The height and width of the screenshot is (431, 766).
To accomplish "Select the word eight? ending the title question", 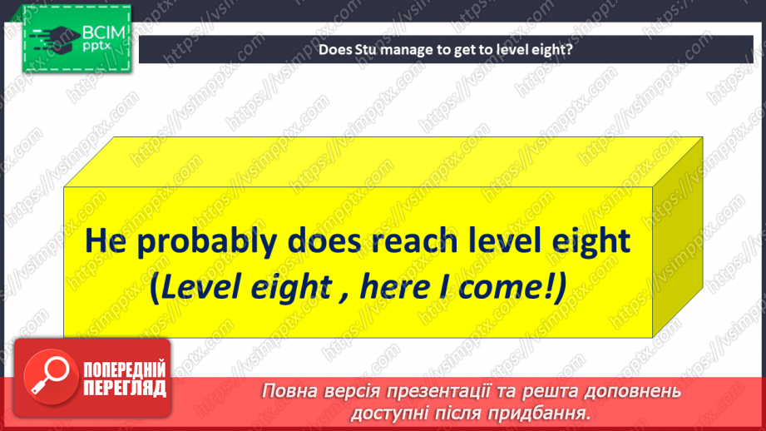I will tap(556, 49).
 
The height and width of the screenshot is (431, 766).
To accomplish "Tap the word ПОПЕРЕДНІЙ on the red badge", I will tap(125, 369).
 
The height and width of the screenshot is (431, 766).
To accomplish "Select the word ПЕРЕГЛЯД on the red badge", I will tap(125, 388).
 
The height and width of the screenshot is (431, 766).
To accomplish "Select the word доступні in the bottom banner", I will tap(388, 412).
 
